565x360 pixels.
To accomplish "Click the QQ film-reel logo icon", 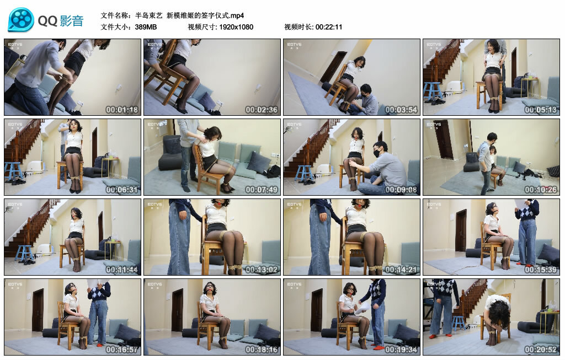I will pyautogui.click(x=21, y=20).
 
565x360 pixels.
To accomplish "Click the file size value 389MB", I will pyautogui.click(x=146, y=26).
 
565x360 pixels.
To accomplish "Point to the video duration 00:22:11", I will pyautogui.click(x=329, y=26).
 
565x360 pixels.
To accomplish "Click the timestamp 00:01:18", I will pyautogui.click(x=122, y=110).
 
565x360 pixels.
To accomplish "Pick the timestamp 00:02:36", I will pyautogui.click(x=262, y=110).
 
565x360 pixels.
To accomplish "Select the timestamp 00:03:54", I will pyautogui.click(x=401, y=110).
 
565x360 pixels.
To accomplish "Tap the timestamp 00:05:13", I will pyautogui.click(x=541, y=110).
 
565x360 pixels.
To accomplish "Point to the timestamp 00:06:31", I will pyautogui.click(x=122, y=190).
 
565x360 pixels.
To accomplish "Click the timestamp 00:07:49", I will pyautogui.click(x=262, y=190).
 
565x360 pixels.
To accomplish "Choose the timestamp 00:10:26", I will pyautogui.click(x=541, y=190).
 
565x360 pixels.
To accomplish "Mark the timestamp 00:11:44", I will pyautogui.click(x=122, y=270).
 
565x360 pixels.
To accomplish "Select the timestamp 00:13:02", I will pyautogui.click(x=262, y=270).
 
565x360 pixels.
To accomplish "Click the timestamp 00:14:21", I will pyautogui.click(x=401, y=270).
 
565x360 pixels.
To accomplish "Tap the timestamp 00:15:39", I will pyautogui.click(x=541, y=270).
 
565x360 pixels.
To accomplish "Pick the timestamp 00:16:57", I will pyautogui.click(x=122, y=350).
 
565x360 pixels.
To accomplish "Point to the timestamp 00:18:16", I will pyautogui.click(x=262, y=350).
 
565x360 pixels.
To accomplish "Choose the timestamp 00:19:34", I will pyautogui.click(x=401, y=350).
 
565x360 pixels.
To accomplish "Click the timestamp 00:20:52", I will pyautogui.click(x=541, y=350).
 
